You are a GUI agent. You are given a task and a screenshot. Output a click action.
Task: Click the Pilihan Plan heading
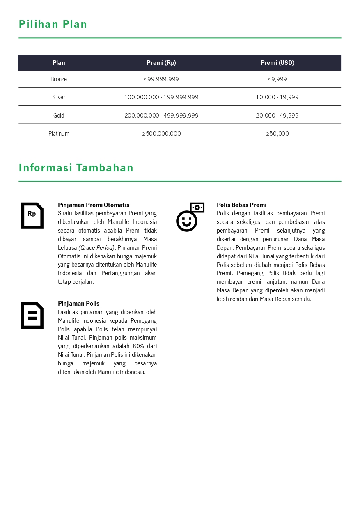click(x=53, y=25)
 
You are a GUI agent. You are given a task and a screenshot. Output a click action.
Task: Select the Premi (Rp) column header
click(x=161, y=63)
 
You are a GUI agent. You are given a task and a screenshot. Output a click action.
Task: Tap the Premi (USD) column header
click(x=277, y=63)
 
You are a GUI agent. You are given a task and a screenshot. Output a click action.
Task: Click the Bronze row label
click(x=59, y=79)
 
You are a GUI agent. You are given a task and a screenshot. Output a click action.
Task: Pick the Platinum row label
click(x=59, y=134)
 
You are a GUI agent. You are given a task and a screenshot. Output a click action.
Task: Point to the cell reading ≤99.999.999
click(x=161, y=79)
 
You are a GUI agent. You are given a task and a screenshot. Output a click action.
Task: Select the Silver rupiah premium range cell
click(x=161, y=97)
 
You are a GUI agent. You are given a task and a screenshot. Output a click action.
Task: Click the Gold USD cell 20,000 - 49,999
click(x=277, y=116)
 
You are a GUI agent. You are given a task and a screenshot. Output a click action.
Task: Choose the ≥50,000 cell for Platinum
click(x=277, y=134)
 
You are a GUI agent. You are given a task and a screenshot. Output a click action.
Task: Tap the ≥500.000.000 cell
click(x=161, y=134)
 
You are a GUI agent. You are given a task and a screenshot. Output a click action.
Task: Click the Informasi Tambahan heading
click(x=76, y=168)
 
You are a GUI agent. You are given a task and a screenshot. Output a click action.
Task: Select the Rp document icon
click(x=32, y=215)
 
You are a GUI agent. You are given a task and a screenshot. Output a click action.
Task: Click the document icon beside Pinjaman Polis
click(x=32, y=315)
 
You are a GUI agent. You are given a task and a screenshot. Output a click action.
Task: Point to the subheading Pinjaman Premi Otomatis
click(x=94, y=205)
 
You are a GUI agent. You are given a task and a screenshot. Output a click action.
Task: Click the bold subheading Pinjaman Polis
click(x=78, y=304)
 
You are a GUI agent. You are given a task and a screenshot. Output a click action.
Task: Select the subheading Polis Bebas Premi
click(x=241, y=205)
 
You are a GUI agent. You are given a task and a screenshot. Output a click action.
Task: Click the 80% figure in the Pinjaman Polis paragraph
click(x=138, y=346)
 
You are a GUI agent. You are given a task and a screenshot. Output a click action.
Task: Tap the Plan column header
click(x=59, y=63)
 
